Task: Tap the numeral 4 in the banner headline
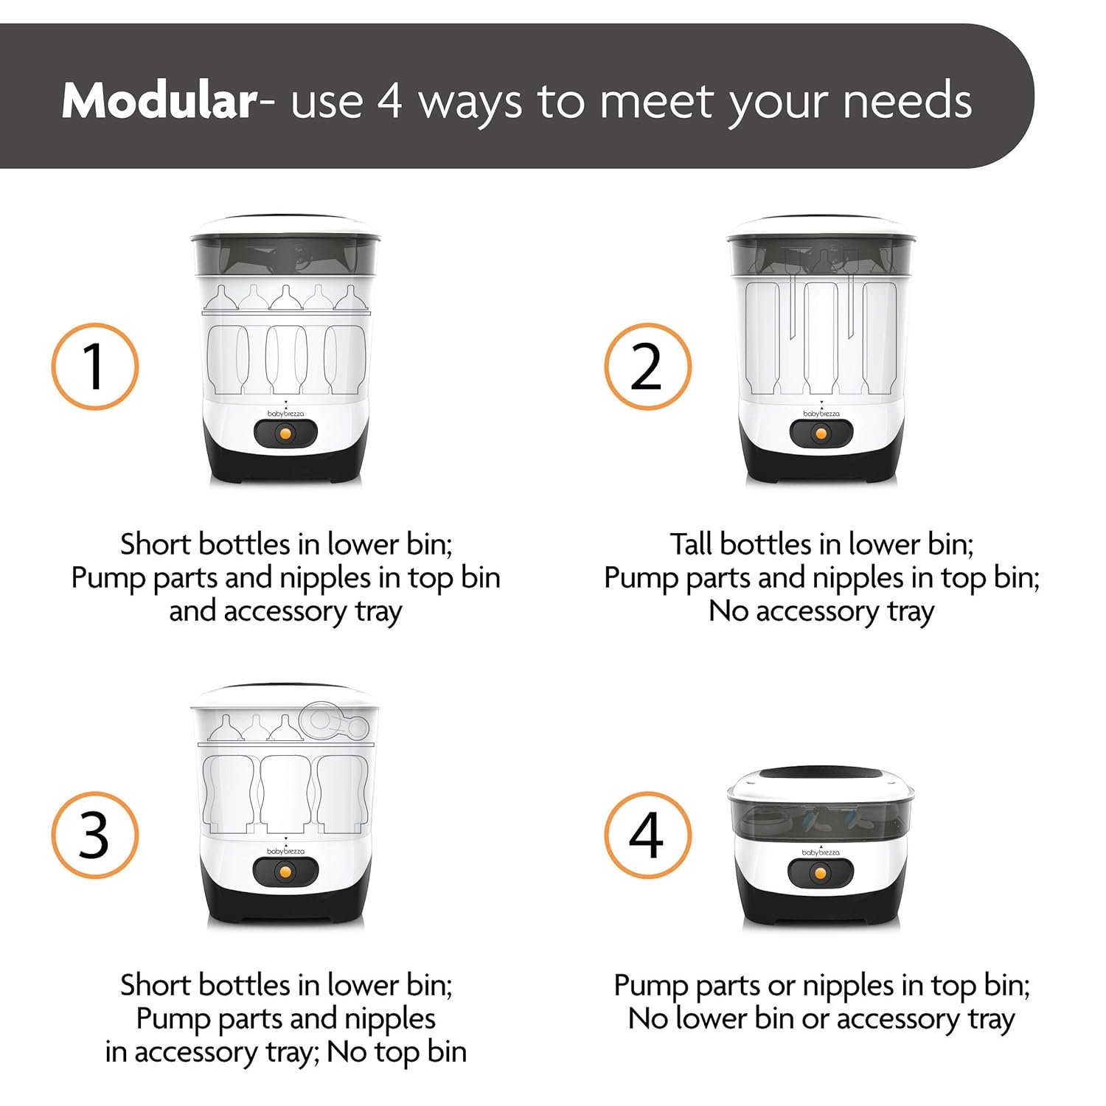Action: pyautogui.click(x=390, y=101)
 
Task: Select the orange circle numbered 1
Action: pyautogui.click(x=95, y=366)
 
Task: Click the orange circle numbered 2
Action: pyautogui.click(x=647, y=366)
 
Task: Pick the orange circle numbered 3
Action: pyautogui.click(x=95, y=835)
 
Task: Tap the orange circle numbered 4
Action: pyautogui.click(x=647, y=835)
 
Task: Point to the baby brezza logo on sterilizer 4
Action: pyautogui.click(x=821, y=852)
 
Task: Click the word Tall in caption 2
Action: pyautogui.click(x=692, y=545)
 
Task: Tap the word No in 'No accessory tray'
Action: pyautogui.click(x=728, y=611)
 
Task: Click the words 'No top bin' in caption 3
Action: pyautogui.click(x=397, y=1052)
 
